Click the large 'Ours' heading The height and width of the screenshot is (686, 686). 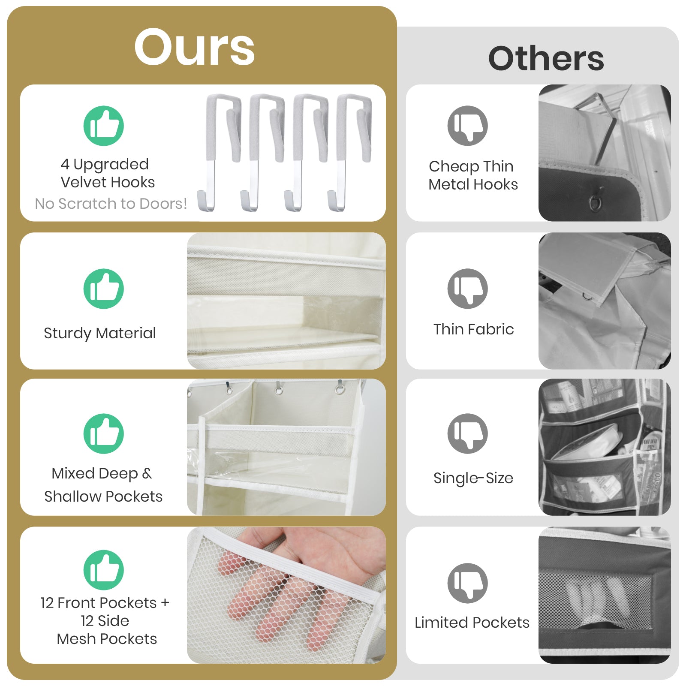(195, 47)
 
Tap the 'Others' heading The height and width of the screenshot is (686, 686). (546, 58)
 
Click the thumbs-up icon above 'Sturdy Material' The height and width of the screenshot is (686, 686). (104, 289)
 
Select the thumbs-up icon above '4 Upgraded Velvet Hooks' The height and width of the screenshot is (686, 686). (104, 126)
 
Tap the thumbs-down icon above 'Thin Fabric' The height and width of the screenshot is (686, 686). (468, 289)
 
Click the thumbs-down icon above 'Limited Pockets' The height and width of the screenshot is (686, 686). (468, 583)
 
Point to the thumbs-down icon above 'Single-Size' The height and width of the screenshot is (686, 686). (468, 433)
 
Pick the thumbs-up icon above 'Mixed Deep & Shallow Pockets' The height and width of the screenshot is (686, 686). (104, 433)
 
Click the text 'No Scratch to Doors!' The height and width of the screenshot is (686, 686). (111, 203)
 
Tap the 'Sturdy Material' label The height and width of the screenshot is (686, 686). (100, 333)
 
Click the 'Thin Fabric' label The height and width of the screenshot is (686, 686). (473, 329)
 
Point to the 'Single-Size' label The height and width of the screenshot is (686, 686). (473, 478)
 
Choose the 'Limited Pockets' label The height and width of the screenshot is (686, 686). (472, 622)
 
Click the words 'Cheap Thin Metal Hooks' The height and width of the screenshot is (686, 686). (473, 175)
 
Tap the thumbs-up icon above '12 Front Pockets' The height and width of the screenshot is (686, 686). (104, 570)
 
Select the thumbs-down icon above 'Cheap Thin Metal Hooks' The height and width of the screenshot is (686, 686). (468, 126)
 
